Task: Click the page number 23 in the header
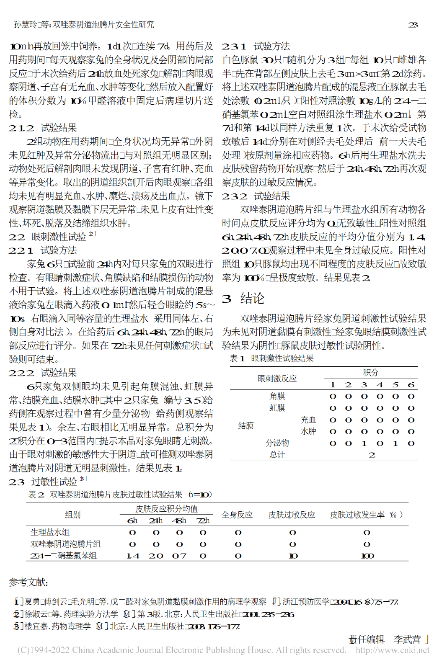click(413, 25)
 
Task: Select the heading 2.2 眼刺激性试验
click(52, 237)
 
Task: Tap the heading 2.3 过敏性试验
click(47, 482)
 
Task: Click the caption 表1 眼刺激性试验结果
click(271, 358)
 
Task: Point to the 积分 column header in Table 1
click(371, 372)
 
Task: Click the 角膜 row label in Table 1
click(277, 396)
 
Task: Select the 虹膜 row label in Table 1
click(277, 408)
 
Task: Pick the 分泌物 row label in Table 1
click(277, 443)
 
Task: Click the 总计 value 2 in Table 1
click(372, 455)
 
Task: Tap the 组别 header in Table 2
click(72, 515)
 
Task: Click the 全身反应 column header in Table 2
click(237, 515)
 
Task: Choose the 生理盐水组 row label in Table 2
click(50, 532)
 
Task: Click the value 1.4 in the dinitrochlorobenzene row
click(132, 556)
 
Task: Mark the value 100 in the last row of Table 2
click(367, 556)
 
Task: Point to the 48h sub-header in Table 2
click(179, 521)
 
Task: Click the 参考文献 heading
click(28, 582)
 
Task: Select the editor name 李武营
click(407, 639)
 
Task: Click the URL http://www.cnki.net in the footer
click(393, 650)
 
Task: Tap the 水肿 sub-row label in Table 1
click(308, 431)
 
